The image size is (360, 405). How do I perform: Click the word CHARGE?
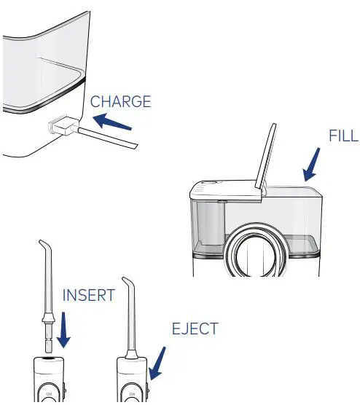[x=120, y=101]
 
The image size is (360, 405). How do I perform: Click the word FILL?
[x=343, y=138]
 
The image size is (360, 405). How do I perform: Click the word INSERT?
[x=88, y=296]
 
